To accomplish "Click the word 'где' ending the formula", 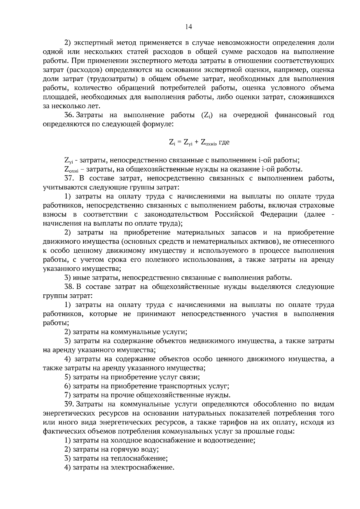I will [x=224, y=142].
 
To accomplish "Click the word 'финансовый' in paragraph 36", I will [x=295, y=115].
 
